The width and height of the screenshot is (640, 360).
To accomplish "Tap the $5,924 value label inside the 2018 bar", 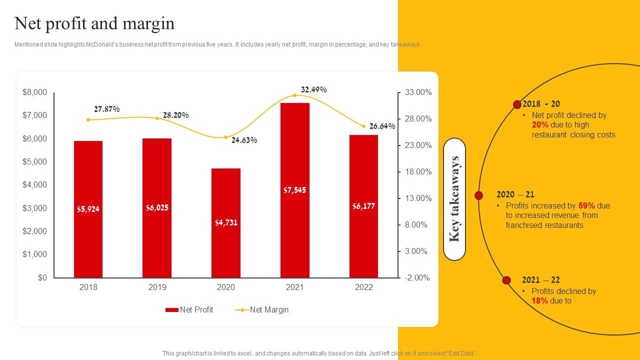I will click(88, 209).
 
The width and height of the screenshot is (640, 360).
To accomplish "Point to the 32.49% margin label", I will click(313, 89).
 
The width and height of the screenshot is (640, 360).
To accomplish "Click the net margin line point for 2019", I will click(157, 118).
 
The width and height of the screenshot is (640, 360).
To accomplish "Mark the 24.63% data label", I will click(244, 140).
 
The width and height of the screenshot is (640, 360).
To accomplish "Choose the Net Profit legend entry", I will click(189, 310).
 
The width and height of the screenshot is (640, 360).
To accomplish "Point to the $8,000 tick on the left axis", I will click(34, 92).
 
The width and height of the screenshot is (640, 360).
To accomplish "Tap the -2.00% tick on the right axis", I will click(417, 278).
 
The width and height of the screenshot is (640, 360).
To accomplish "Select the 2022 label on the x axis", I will click(363, 287).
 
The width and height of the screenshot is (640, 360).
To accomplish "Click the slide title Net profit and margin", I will click(94, 23).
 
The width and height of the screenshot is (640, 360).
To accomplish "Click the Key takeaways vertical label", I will click(454, 199).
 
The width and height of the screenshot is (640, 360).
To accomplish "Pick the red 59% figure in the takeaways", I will click(586, 205).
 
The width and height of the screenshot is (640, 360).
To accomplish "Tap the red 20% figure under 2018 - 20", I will click(540, 125).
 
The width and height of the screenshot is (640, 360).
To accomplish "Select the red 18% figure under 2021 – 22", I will click(539, 301).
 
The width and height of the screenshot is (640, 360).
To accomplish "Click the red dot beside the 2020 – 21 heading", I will click(478, 195).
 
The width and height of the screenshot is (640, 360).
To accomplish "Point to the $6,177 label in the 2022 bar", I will click(363, 206).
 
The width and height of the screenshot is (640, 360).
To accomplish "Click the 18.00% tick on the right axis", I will click(417, 172).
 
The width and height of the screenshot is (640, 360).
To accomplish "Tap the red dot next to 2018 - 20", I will click(517, 104).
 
